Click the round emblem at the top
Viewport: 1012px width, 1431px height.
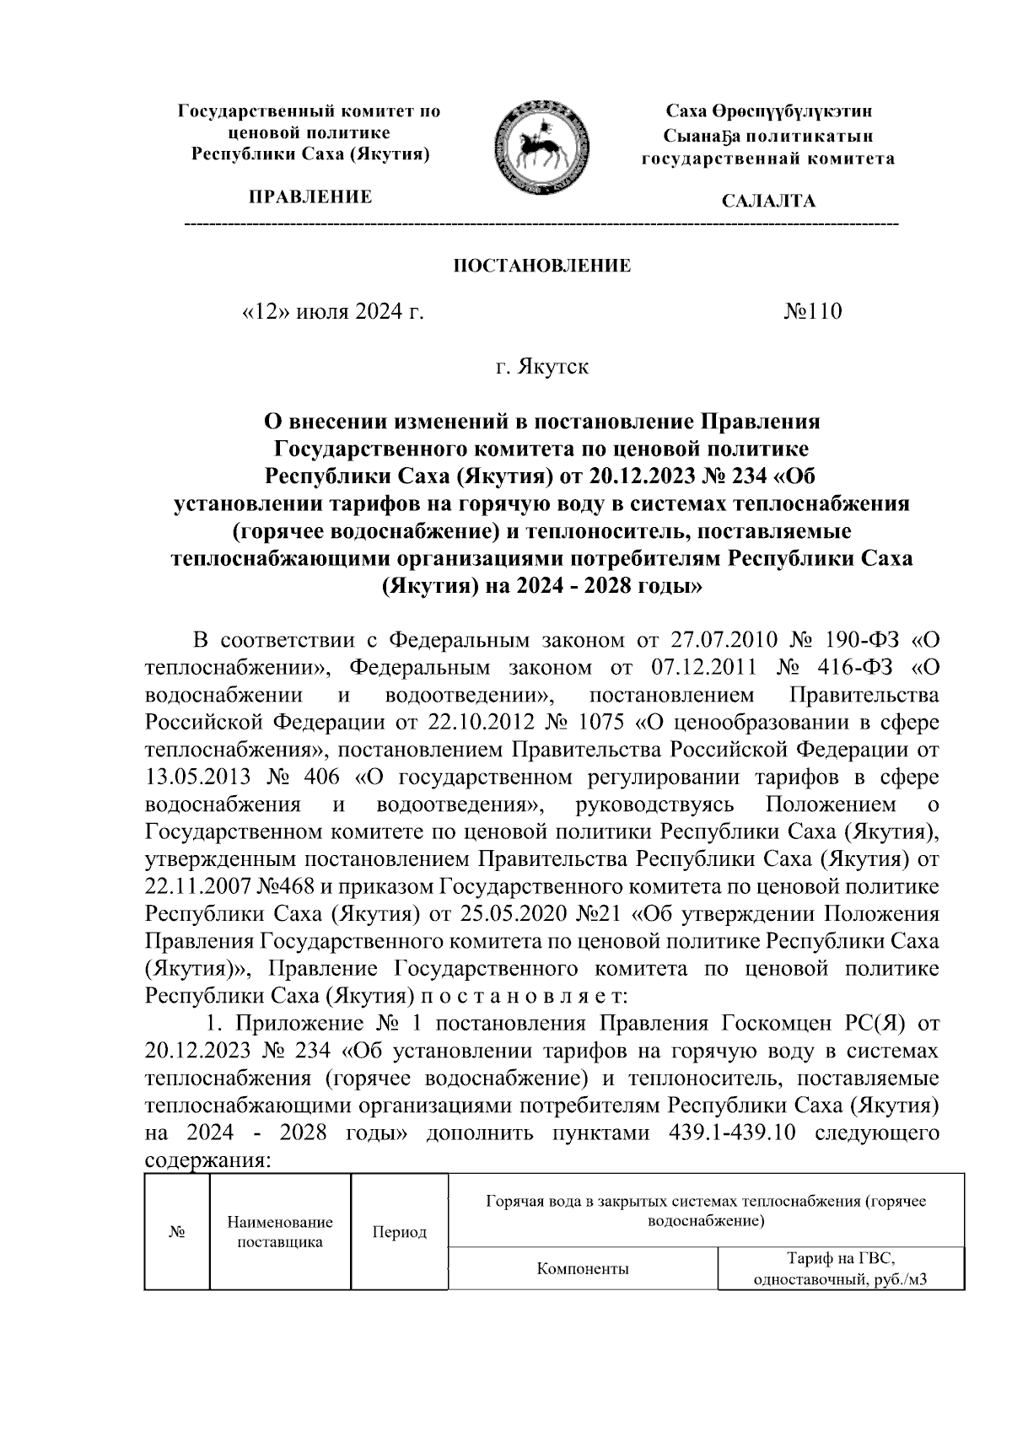click(537, 146)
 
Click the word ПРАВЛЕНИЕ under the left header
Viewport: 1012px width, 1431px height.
click(310, 197)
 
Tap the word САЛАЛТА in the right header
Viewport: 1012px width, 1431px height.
click(767, 202)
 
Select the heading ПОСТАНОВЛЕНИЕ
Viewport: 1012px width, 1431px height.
click(542, 267)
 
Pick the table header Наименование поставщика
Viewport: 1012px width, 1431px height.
click(280, 1232)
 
